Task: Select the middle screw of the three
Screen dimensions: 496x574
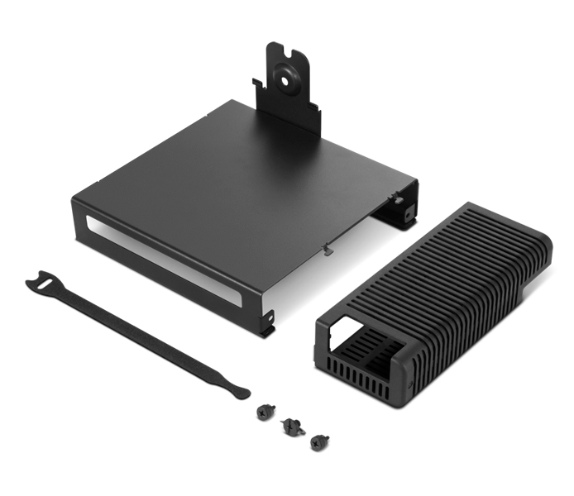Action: (290, 427)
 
